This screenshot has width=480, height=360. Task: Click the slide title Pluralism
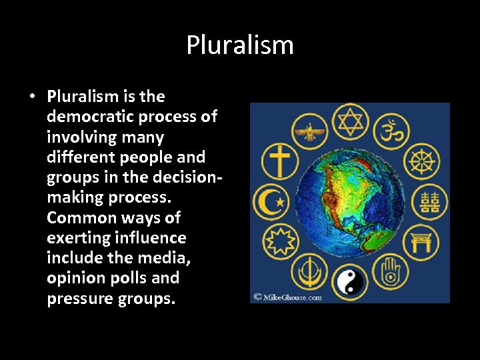240,45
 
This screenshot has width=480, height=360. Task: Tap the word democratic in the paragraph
86,117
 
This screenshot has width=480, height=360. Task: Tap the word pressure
78,298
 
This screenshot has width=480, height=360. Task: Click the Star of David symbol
349,122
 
